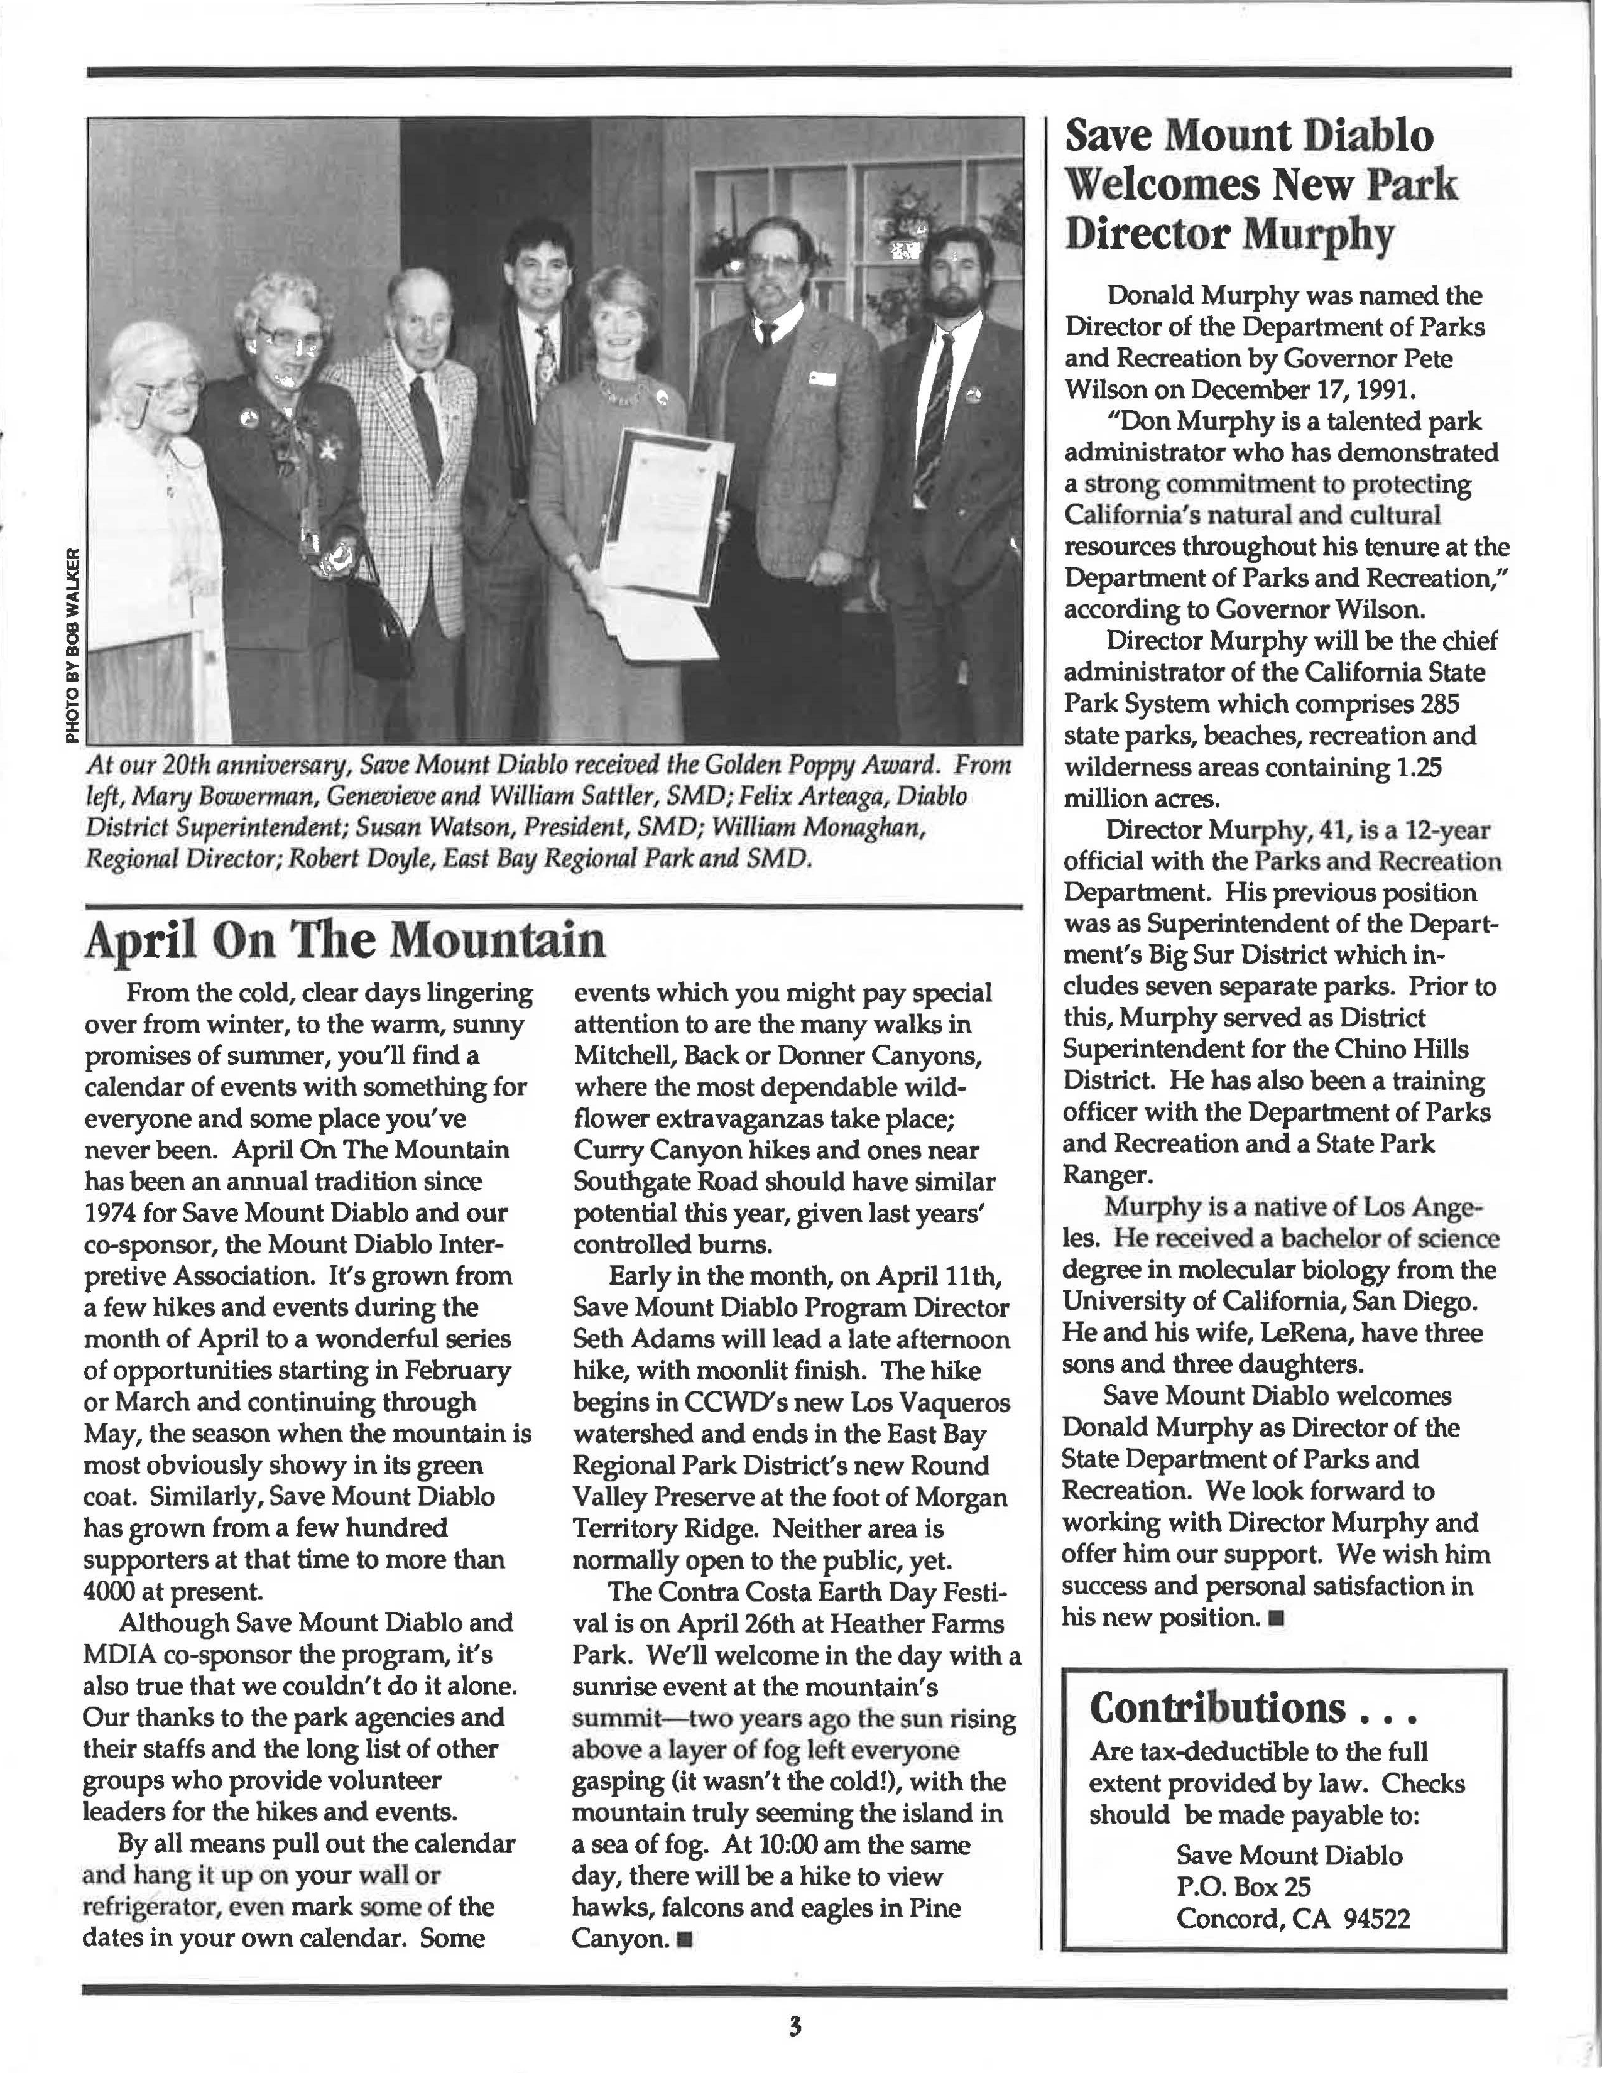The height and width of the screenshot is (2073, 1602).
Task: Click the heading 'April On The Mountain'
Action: pos(345,941)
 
